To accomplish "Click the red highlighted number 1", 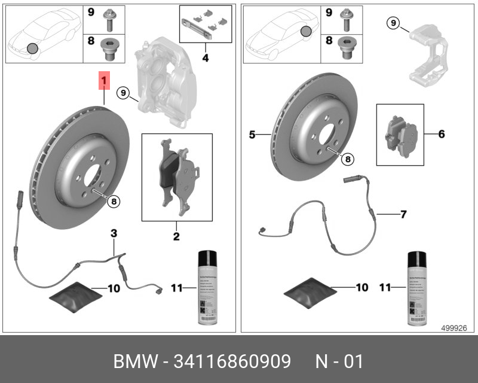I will [105, 80].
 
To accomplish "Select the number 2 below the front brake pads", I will [176, 237].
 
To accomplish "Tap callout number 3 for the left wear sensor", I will [113, 233].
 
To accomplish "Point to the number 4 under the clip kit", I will [205, 58].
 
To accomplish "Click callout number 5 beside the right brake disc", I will [253, 135].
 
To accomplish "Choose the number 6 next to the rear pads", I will [442, 134].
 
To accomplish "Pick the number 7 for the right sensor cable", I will [403, 213].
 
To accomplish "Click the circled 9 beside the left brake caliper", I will [122, 93].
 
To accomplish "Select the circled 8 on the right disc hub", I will [348, 159].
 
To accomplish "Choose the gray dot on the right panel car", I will [306, 31].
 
